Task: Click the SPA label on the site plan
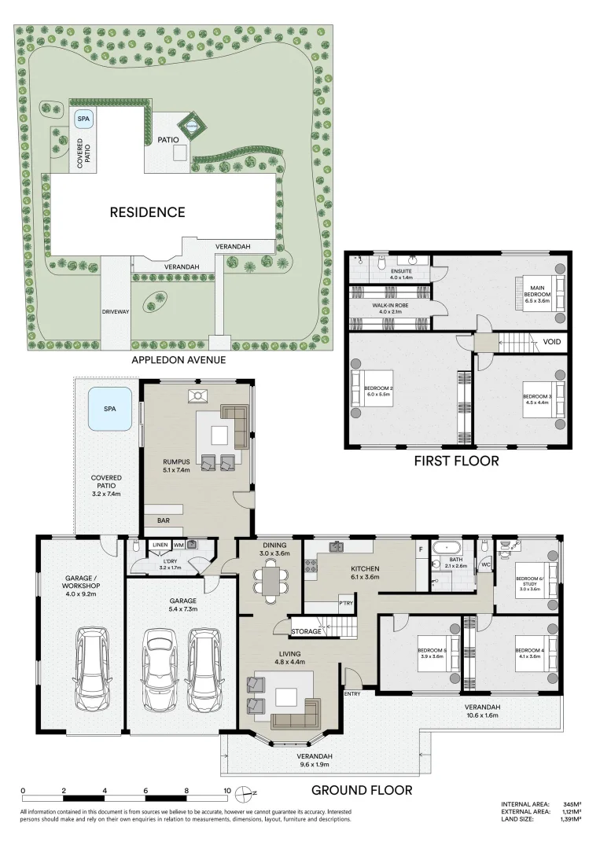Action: tap(83, 119)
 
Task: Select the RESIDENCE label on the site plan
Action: tap(147, 212)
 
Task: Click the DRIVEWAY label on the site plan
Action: tap(115, 312)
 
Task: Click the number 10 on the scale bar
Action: tap(227, 792)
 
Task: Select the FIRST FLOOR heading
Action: tap(456, 461)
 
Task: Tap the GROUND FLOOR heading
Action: tap(362, 790)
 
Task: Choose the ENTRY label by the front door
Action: tap(352, 693)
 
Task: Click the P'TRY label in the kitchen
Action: tap(344, 604)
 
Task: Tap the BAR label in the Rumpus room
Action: tap(164, 520)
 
